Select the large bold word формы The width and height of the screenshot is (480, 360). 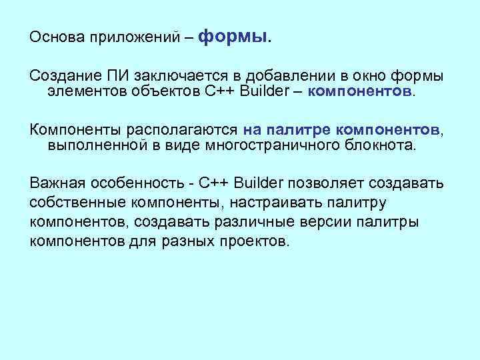click(x=235, y=36)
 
